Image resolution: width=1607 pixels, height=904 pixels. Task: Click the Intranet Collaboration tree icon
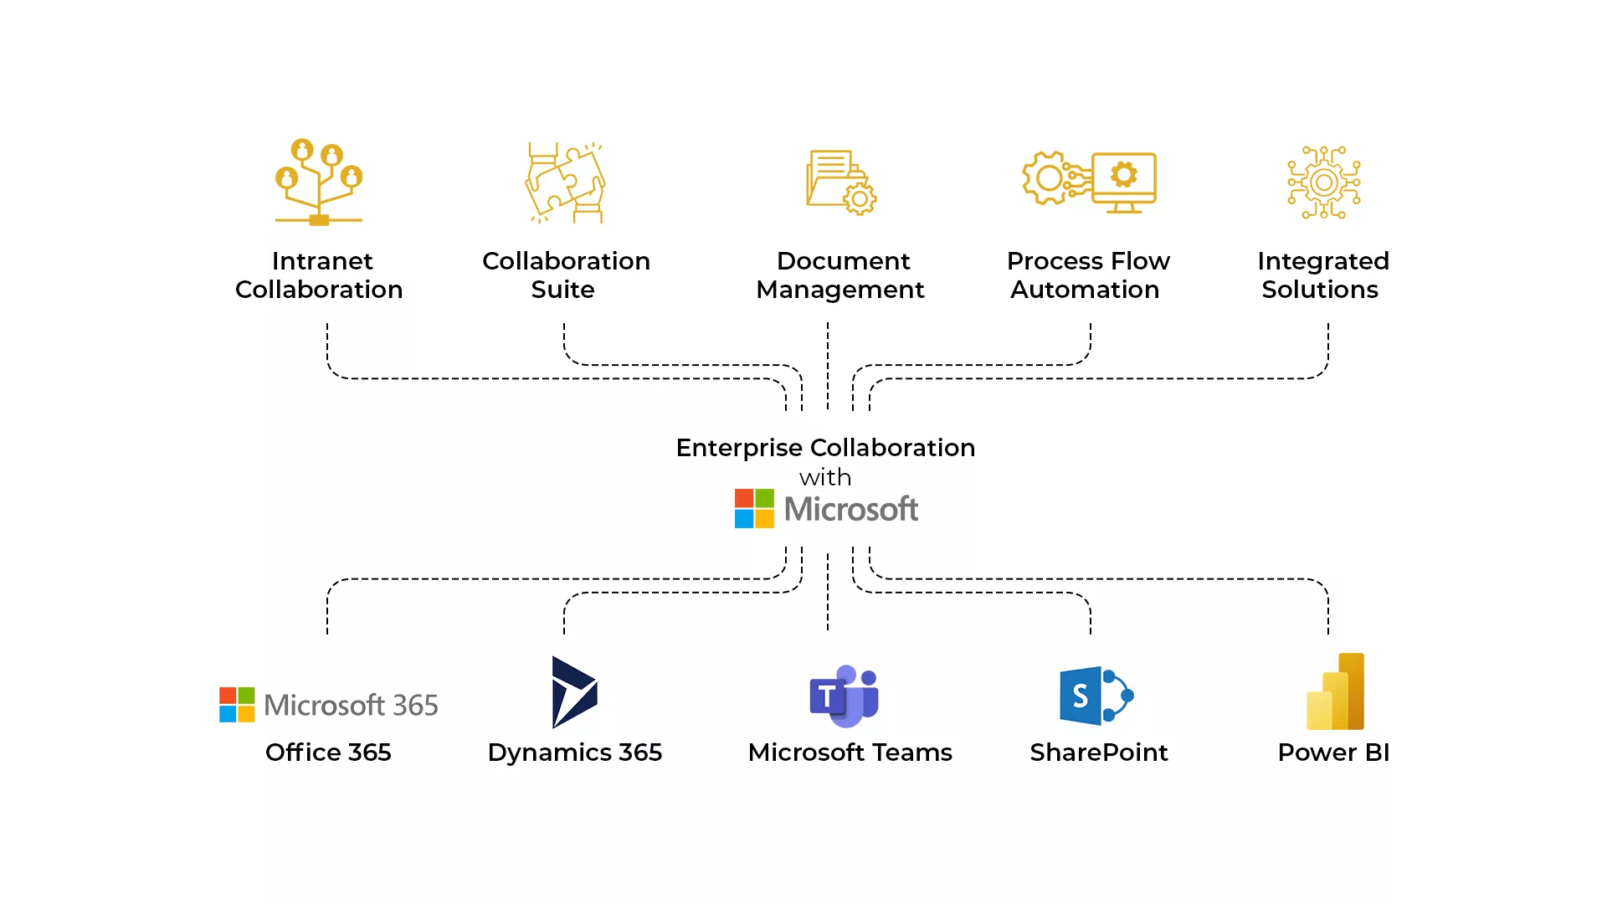(319, 182)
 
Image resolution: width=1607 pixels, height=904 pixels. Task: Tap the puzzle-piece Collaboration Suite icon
(565, 182)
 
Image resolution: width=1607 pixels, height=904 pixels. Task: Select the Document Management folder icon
(841, 182)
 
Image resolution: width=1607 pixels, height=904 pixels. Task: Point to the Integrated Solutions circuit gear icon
(1324, 182)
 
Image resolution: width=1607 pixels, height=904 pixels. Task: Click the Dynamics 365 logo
(575, 692)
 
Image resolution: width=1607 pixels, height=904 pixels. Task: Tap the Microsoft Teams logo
(844, 696)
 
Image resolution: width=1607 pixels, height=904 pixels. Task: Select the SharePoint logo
(1096, 696)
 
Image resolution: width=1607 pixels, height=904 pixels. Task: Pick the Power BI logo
(1336, 691)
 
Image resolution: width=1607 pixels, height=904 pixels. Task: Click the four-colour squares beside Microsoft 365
(237, 705)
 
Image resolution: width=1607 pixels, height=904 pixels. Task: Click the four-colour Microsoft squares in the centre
(754, 509)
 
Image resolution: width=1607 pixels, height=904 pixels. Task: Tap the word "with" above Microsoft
(825, 478)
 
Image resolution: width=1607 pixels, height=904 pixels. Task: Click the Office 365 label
(328, 752)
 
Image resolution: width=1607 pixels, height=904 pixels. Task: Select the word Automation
(1085, 290)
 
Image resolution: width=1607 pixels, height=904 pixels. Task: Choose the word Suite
(562, 290)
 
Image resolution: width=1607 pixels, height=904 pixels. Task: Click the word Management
(840, 290)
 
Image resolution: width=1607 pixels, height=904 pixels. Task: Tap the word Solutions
(1320, 290)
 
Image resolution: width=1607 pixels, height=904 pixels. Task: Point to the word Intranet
(322, 261)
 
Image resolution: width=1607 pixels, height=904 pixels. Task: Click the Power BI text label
(1333, 752)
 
